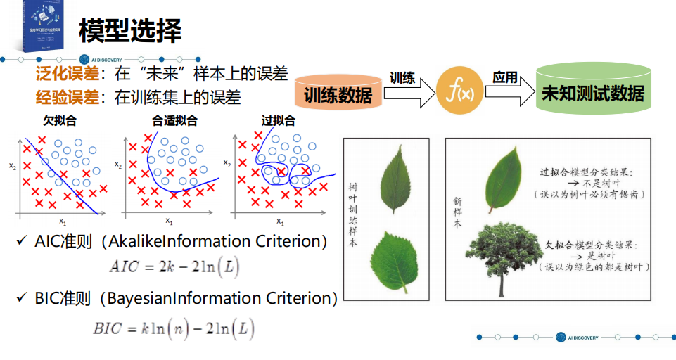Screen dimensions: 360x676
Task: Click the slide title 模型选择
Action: [130, 30]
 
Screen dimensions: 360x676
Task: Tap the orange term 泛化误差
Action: [67, 72]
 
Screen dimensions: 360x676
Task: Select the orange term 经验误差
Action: [67, 97]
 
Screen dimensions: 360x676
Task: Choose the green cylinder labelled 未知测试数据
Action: [592, 92]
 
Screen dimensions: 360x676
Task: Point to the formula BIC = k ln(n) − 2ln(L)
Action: [173, 328]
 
